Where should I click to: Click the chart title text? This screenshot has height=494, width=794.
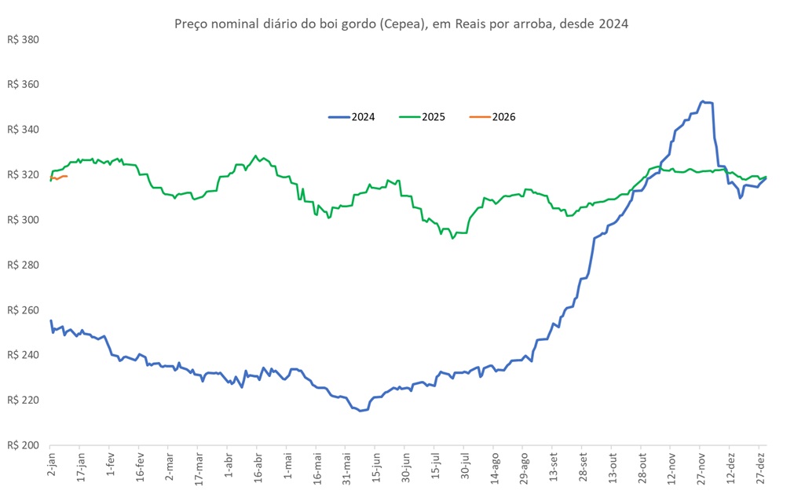click(x=401, y=24)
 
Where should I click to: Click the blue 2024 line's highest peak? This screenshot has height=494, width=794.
click(x=704, y=101)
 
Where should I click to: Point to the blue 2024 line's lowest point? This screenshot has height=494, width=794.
click(x=360, y=411)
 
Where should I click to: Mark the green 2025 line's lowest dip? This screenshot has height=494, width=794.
click(x=452, y=237)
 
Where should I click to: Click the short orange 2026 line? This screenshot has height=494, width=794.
click(x=59, y=177)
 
